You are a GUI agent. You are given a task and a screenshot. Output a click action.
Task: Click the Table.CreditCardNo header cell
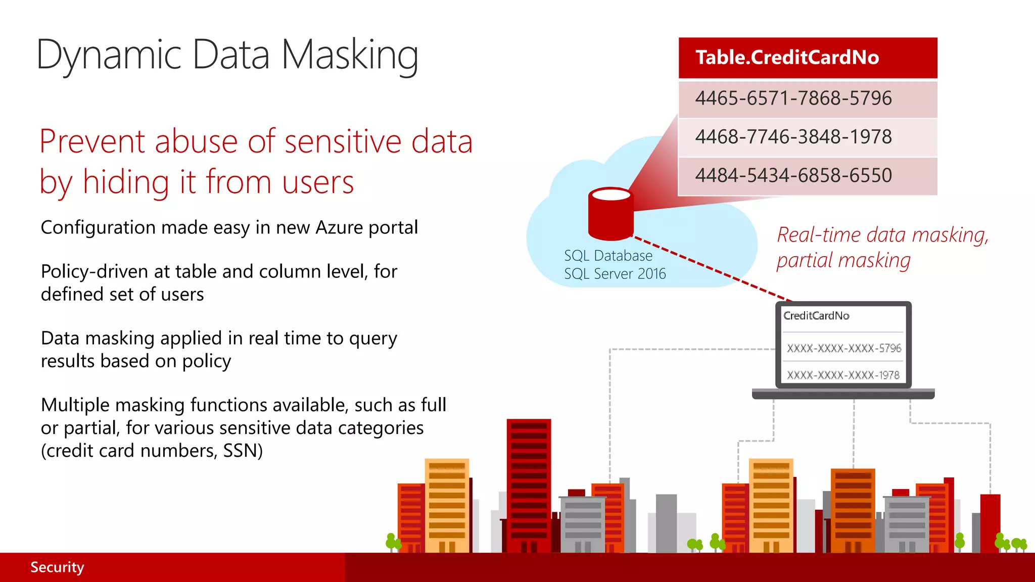(x=807, y=58)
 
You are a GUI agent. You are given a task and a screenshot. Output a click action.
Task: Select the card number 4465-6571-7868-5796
(x=793, y=99)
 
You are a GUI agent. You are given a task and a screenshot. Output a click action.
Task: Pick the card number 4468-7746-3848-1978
(x=793, y=137)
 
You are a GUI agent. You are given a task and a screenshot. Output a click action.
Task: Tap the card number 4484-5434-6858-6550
(x=793, y=176)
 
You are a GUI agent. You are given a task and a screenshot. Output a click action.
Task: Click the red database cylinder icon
(x=610, y=214)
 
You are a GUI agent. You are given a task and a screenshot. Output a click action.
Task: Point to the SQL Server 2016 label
(x=615, y=274)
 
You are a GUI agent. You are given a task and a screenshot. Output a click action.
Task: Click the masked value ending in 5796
(x=844, y=348)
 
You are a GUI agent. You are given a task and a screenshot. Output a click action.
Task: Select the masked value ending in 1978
(x=843, y=375)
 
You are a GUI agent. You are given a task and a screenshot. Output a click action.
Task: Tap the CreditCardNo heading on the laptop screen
(x=816, y=316)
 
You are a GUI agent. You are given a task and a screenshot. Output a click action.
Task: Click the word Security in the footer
(x=57, y=567)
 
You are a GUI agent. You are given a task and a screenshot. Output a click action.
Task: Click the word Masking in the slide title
(x=350, y=56)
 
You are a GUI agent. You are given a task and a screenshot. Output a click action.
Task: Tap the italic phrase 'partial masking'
(x=843, y=261)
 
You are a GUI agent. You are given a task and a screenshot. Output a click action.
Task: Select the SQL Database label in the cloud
(x=608, y=256)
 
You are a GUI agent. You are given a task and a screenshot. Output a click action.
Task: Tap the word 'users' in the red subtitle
(x=318, y=182)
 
